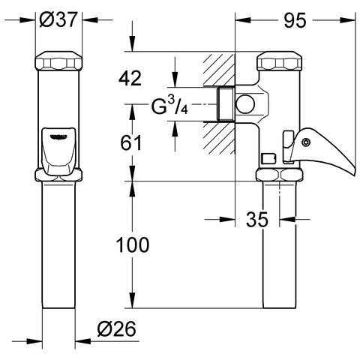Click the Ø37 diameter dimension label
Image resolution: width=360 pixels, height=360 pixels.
[x=57, y=19]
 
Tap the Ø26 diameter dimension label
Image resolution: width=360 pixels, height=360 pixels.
[x=117, y=328]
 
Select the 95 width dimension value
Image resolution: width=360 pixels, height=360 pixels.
[x=295, y=20]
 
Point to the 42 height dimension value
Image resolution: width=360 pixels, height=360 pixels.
[x=130, y=78]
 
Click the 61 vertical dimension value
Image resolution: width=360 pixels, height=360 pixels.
[x=131, y=142]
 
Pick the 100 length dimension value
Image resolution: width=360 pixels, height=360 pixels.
[x=133, y=244]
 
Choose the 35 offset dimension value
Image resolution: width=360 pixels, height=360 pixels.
[x=256, y=219]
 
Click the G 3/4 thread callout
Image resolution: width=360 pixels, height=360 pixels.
[x=169, y=105]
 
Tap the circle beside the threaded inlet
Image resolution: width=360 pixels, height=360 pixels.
[x=245, y=104]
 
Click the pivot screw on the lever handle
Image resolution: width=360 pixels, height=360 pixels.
[x=305, y=142]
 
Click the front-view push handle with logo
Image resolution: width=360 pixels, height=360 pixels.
[x=58, y=151]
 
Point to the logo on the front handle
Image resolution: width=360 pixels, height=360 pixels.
[x=58, y=136]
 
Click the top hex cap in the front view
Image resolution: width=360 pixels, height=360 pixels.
[x=58, y=61]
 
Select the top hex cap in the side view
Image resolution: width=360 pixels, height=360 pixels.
[x=280, y=61]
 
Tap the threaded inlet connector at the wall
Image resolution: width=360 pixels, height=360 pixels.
[x=225, y=104]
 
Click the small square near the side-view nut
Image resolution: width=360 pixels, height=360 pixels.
[x=268, y=158]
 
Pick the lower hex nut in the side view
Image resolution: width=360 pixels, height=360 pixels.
[x=279, y=175]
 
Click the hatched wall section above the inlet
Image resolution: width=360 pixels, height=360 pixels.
[x=219, y=70]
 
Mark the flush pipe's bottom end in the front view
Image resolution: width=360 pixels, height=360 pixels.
[x=58, y=307]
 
